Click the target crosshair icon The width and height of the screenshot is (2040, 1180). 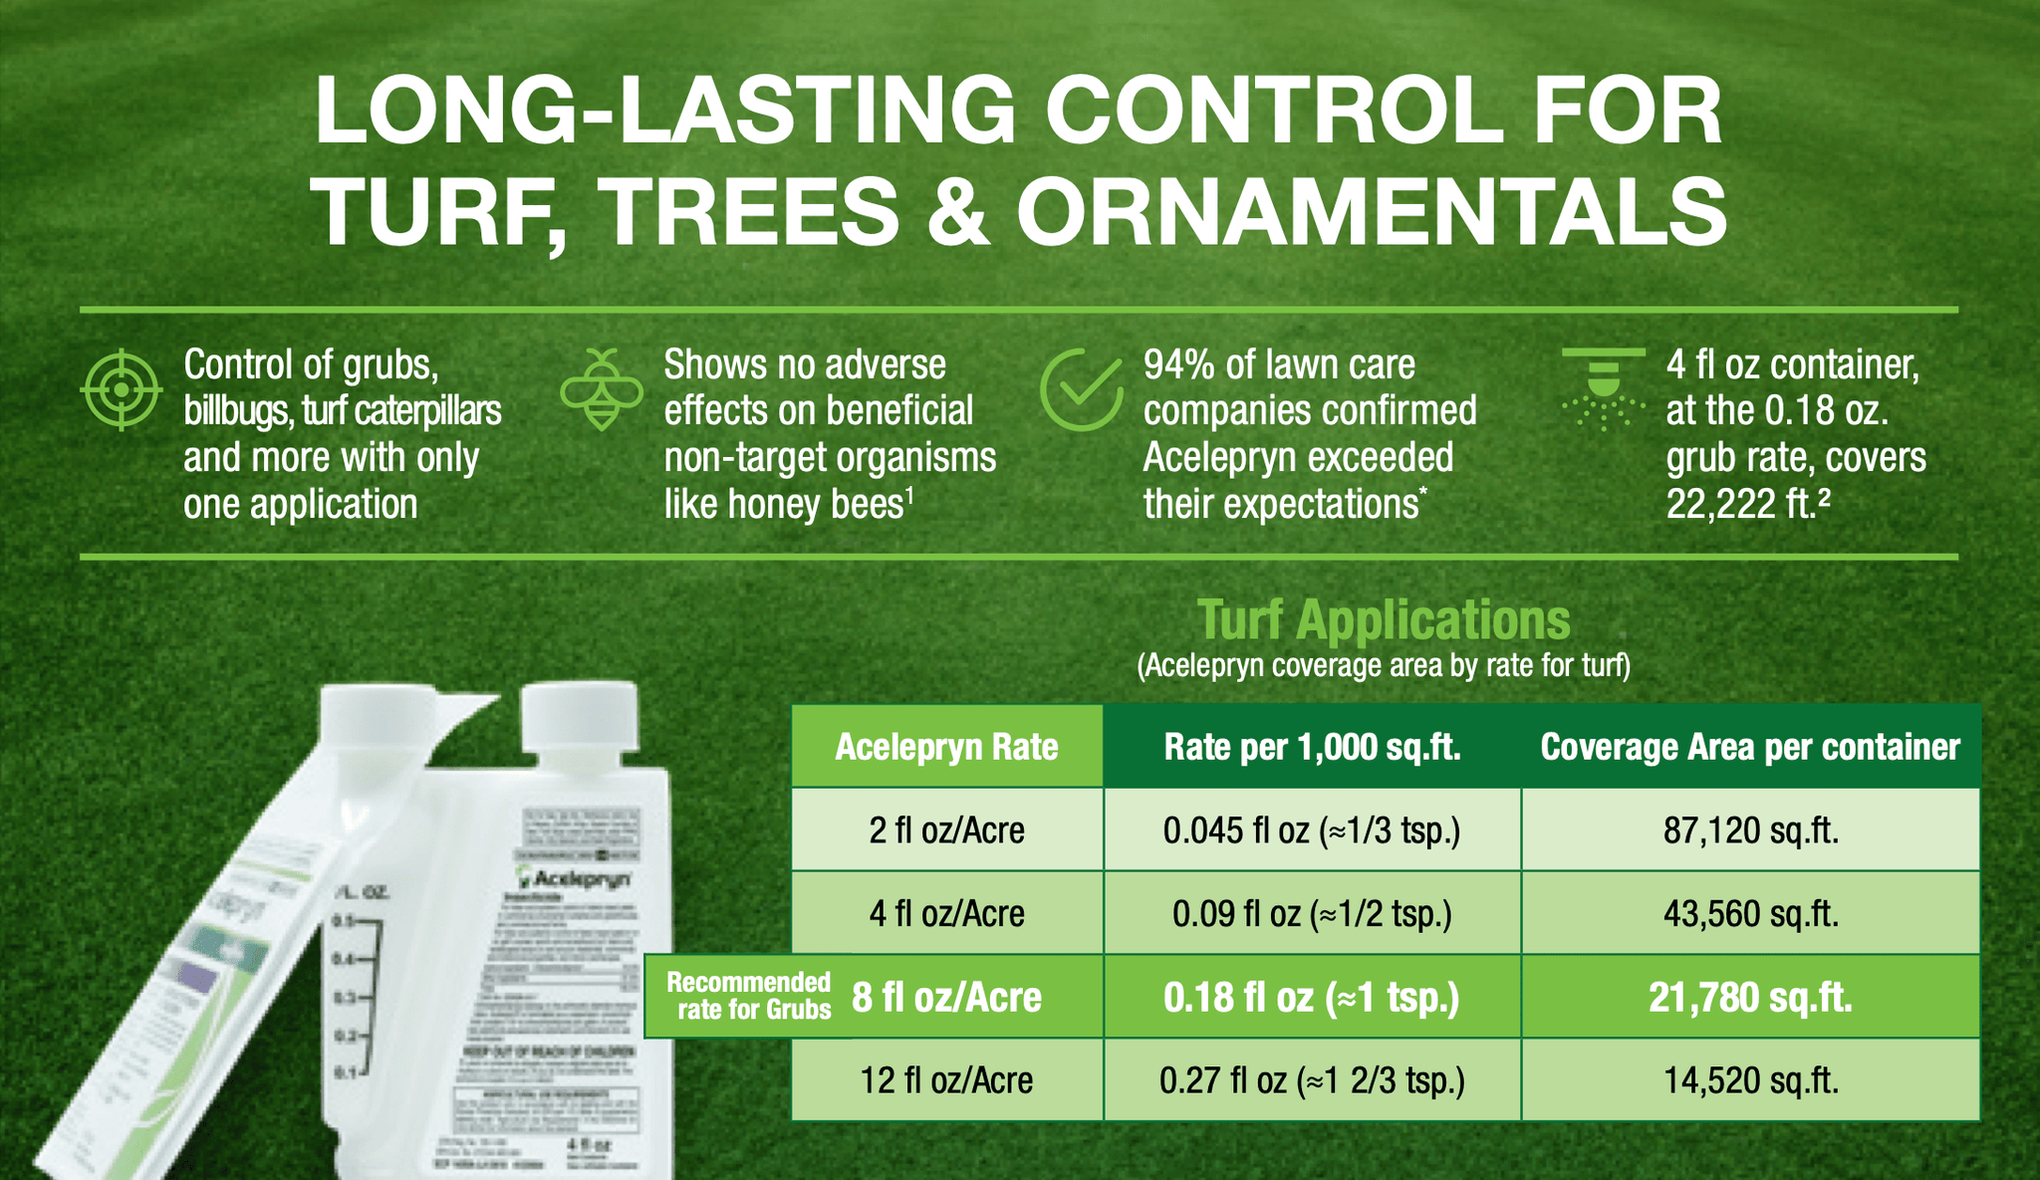click(121, 389)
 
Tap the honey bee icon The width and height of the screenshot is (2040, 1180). click(602, 389)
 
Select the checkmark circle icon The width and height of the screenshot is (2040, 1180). click(1081, 389)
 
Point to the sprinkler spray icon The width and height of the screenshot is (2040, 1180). click(1603, 389)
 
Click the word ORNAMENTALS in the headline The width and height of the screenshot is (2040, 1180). click(1371, 212)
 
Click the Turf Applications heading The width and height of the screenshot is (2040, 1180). click(1384, 620)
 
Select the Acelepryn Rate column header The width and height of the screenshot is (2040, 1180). click(946, 747)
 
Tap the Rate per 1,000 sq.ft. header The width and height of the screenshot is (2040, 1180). click(1312, 747)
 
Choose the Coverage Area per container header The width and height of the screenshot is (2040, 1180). click(1750, 747)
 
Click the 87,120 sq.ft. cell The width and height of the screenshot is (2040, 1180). click(1750, 830)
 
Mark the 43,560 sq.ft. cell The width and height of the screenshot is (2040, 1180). click(1750, 914)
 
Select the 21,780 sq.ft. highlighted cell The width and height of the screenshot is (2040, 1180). click(1750, 997)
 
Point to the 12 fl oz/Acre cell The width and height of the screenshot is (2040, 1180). click(946, 1080)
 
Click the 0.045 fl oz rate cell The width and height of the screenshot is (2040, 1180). click(1312, 830)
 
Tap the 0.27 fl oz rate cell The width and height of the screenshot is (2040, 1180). click(1312, 1080)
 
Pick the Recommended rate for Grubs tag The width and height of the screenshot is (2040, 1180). click(749, 997)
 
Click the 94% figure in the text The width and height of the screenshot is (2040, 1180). click(1178, 365)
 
